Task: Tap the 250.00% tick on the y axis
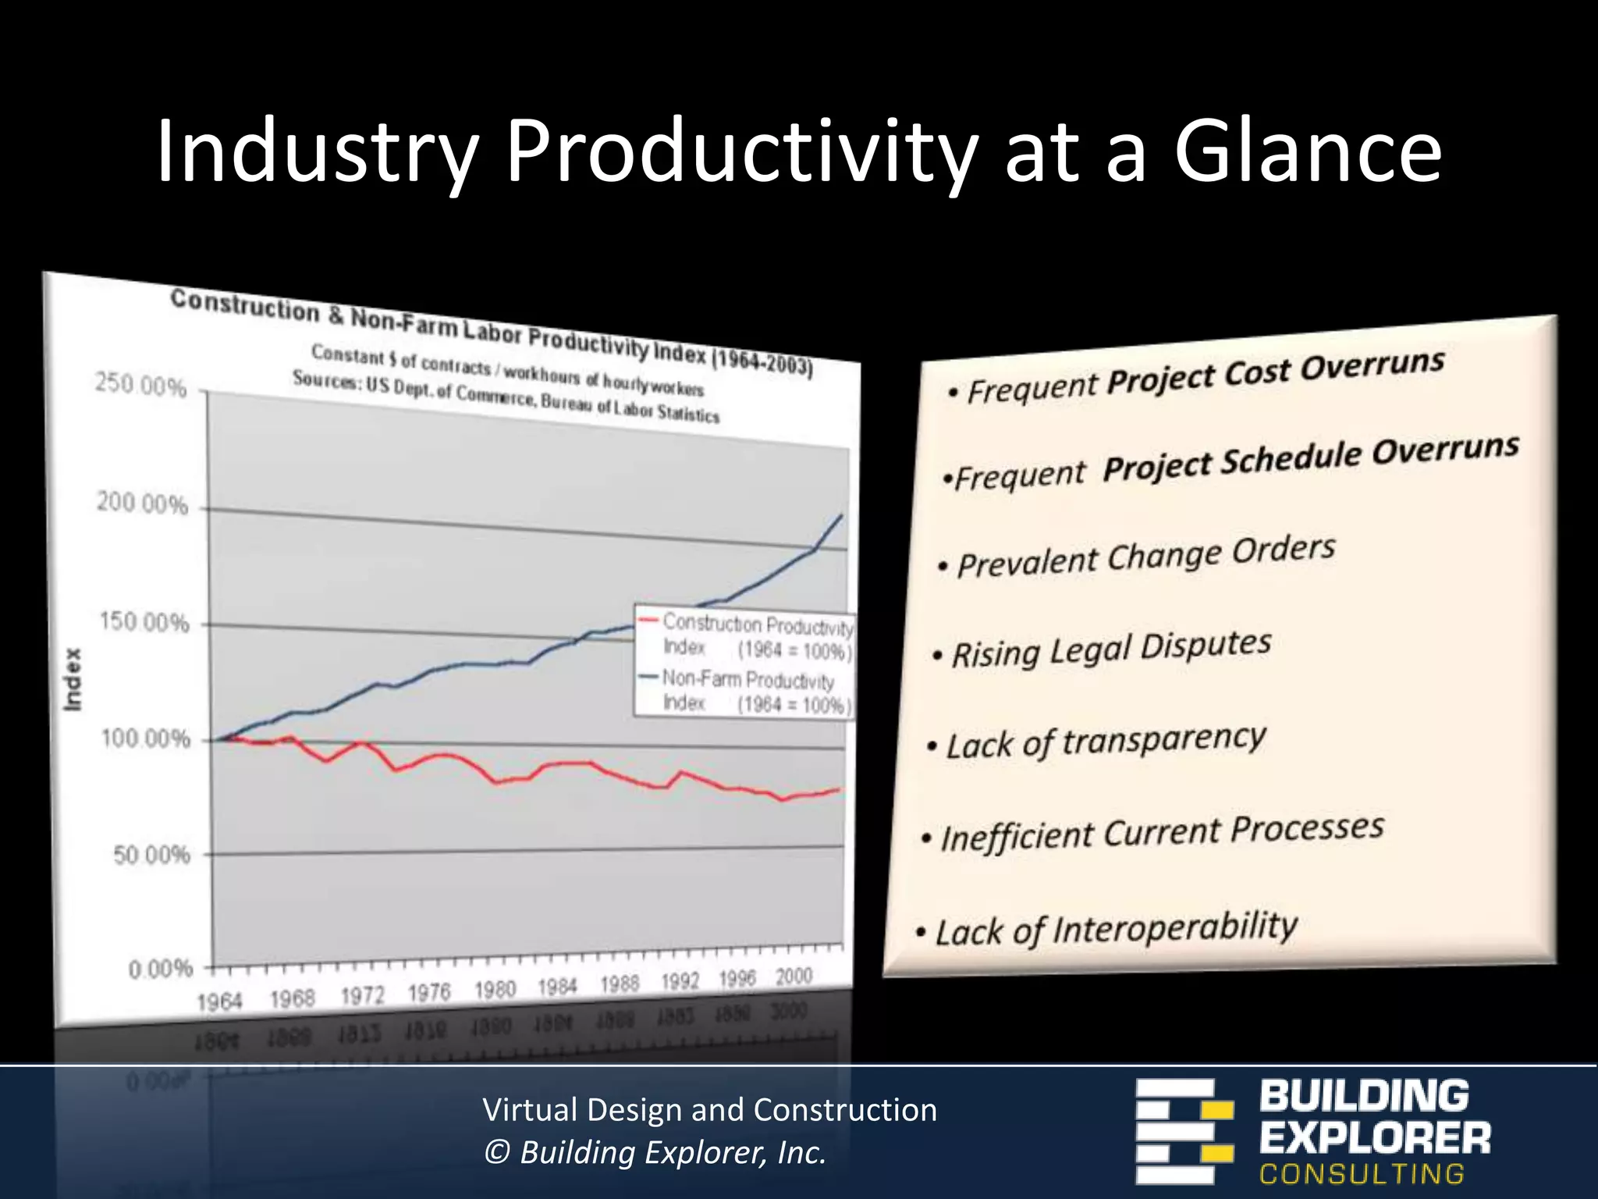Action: pos(141,386)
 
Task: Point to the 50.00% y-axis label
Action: pos(152,855)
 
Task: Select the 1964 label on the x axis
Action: pos(219,1002)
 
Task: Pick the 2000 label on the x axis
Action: pos(794,977)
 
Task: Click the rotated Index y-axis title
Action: pos(73,679)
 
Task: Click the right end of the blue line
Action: pos(841,515)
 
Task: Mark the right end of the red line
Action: pos(840,789)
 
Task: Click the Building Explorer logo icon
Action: pos(1184,1131)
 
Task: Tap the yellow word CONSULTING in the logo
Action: pos(1362,1174)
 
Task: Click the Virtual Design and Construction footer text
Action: pos(709,1109)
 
